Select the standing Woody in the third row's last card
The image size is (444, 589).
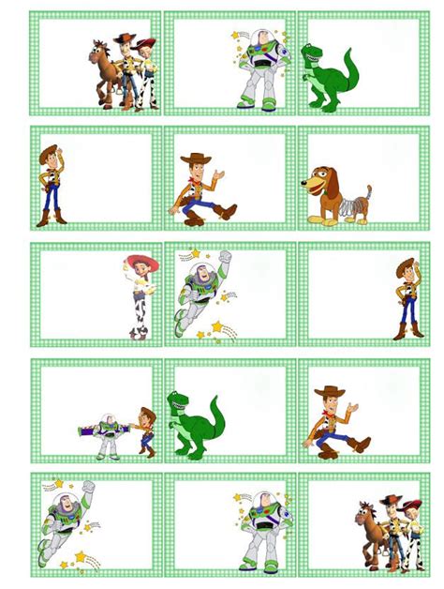coord(406,295)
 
